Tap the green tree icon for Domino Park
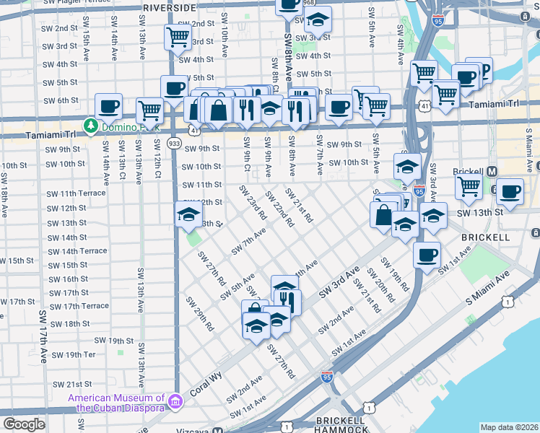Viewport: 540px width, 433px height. (90, 126)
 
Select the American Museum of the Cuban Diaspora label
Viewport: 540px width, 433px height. (116, 403)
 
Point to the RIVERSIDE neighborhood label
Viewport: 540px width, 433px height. (169, 7)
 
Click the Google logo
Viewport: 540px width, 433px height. (24, 424)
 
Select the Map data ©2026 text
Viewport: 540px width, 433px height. (509, 427)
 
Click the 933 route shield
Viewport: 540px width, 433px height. (174, 143)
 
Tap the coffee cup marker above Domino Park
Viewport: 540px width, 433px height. (109, 107)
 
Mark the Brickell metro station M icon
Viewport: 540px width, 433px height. (492, 171)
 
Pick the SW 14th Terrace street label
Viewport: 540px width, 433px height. (78, 250)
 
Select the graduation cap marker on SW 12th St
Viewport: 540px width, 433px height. (189, 214)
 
